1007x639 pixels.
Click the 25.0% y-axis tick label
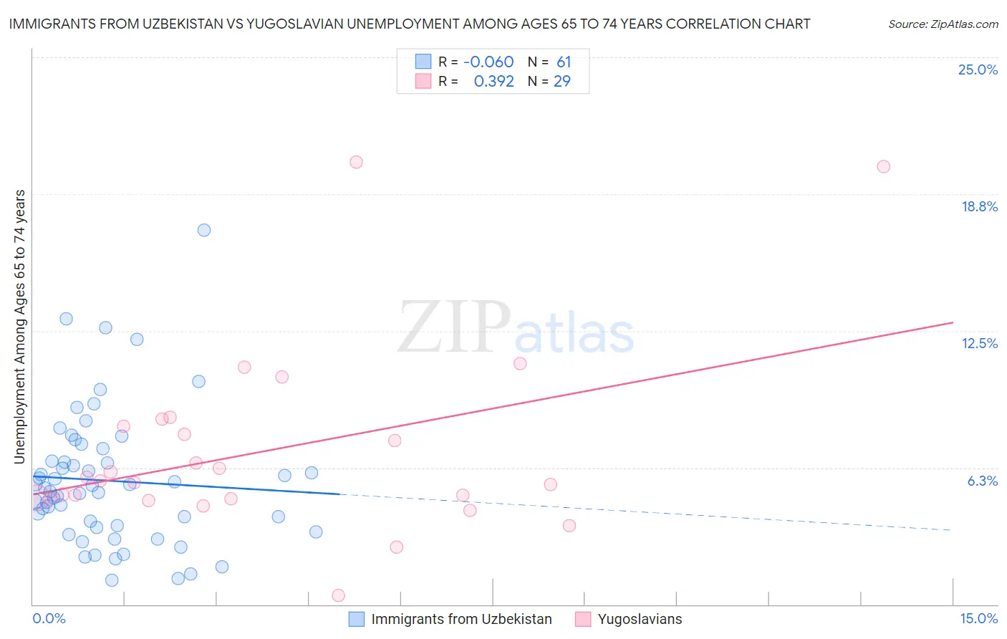(978, 69)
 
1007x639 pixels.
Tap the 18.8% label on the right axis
(979, 206)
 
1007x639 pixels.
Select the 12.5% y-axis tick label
(979, 343)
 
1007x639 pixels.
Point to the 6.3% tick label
(982, 481)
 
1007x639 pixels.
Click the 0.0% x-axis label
(49, 618)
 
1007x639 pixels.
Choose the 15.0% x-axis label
(978, 618)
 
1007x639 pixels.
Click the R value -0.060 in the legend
(488, 62)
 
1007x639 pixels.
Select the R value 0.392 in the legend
(493, 82)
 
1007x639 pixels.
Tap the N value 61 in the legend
(564, 62)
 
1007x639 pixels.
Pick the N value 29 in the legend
(562, 82)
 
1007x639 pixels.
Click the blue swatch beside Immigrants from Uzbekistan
(357, 619)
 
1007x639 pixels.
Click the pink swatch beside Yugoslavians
(583, 619)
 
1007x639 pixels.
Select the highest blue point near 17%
(204, 230)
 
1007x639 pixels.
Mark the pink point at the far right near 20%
(883, 167)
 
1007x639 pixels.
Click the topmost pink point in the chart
(356, 162)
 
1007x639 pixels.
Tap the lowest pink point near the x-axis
(338, 595)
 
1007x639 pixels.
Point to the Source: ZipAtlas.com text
(943, 24)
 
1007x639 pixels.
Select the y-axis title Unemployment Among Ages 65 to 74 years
(20, 327)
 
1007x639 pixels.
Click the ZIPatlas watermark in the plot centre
(516, 329)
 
